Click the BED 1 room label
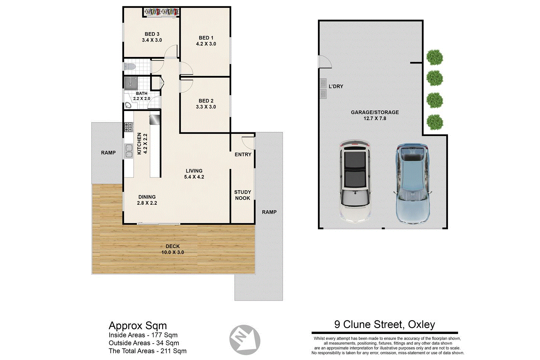click(x=206, y=38)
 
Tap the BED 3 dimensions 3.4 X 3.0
click(x=152, y=40)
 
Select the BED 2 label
click(x=206, y=101)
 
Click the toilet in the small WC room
click(x=129, y=67)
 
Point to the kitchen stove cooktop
click(x=128, y=127)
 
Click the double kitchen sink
click(x=129, y=151)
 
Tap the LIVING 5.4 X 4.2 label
click(x=194, y=174)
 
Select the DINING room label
click(x=147, y=197)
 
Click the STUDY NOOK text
click(x=242, y=195)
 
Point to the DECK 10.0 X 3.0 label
click(x=173, y=249)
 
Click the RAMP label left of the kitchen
click(x=108, y=153)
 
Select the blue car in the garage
click(x=412, y=183)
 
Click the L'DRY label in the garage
click(x=336, y=86)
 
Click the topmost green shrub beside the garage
click(x=435, y=57)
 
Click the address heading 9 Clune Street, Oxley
click(x=384, y=324)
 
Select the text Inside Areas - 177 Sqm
click(x=143, y=335)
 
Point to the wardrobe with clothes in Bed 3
click(x=162, y=12)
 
